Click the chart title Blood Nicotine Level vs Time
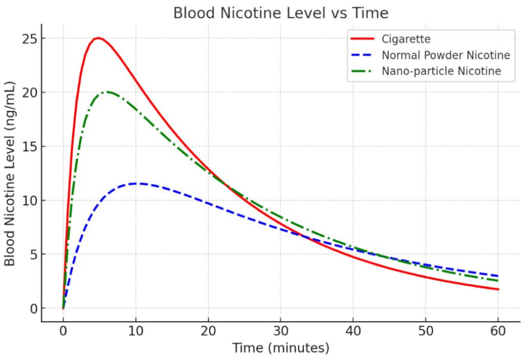coord(280,12)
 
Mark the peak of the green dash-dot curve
coord(107,92)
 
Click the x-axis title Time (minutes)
coord(280,349)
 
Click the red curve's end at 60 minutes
coord(498,289)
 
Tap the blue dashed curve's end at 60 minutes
coord(498,276)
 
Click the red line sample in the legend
coord(363,39)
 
